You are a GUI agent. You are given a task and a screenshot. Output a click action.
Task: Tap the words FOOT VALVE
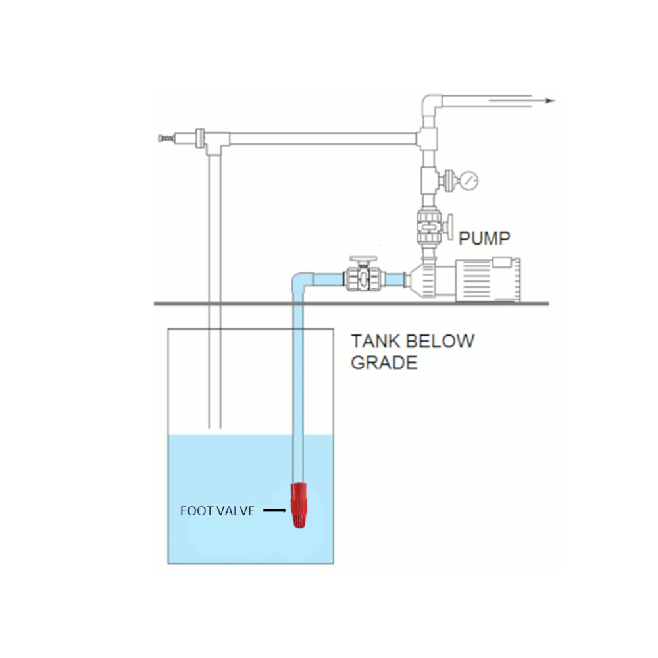coord(217,511)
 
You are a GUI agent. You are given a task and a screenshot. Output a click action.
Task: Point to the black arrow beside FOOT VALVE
coord(275,510)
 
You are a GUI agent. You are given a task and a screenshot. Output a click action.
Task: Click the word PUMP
coord(484,238)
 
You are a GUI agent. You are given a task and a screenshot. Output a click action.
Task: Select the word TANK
coord(376,342)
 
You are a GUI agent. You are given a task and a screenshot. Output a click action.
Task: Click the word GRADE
coord(384,363)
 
